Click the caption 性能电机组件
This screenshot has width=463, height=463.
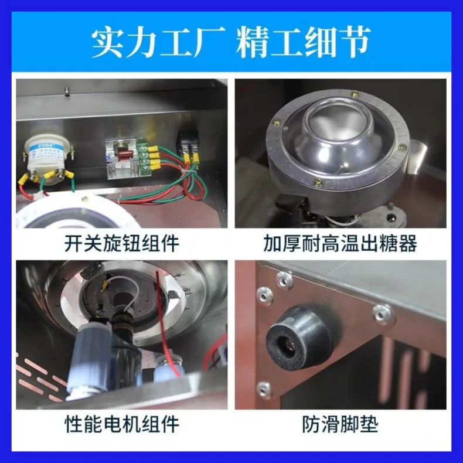click(x=122, y=424)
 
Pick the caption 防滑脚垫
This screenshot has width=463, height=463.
click(x=341, y=424)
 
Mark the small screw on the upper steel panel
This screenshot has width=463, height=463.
click(x=68, y=90)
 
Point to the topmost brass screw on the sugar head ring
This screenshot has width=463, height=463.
click(x=355, y=94)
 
